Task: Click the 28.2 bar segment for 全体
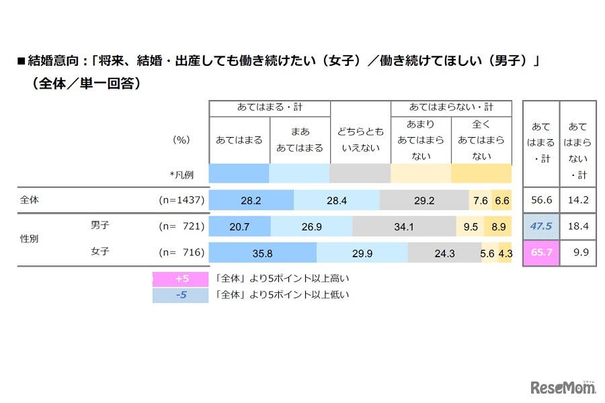pos(251,200)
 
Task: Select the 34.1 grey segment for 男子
pos(403,227)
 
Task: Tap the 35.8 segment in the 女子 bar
pos(263,253)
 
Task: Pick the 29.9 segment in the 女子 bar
pos(362,253)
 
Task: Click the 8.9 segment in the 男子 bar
pos(498,227)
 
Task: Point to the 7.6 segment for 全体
pos(480,200)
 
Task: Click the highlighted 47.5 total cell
pos(540,226)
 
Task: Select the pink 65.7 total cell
pos(540,253)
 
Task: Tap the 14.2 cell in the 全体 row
pos(577,200)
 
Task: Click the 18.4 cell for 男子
pos(577,226)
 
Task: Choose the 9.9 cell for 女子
pos(577,253)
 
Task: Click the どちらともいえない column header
pos(360,140)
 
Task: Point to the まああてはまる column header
pos(300,140)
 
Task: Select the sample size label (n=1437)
pos(181,200)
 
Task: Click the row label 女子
pos(100,253)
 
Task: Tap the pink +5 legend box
pos(180,277)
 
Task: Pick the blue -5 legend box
pos(180,294)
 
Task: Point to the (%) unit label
pos(182,140)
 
